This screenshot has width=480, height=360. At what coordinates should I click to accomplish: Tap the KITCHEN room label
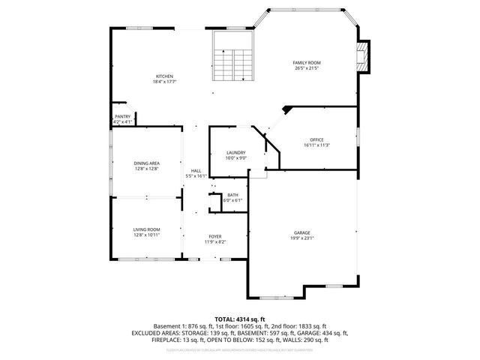coord(164,76)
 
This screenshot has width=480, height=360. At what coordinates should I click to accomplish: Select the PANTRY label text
coord(122,116)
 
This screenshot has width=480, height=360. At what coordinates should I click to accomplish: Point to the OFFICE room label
coord(317,140)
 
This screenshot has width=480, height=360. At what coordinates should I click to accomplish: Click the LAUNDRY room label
coord(236,153)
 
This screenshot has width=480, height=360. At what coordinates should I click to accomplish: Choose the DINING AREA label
coord(146,163)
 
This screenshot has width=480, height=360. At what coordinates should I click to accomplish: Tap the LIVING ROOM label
coord(146,229)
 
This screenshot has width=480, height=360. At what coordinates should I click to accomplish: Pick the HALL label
coord(196,171)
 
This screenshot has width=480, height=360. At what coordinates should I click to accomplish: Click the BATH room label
coord(234,195)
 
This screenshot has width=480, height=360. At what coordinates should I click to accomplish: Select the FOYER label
coord(214,237)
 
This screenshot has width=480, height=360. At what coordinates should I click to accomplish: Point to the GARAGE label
coord(302,232)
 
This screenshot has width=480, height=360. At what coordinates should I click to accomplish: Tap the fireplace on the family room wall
coord(364,57)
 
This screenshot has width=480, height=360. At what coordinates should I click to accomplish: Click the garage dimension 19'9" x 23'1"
coord(302,238)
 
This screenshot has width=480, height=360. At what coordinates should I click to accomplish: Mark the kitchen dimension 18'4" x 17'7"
coord(164,82)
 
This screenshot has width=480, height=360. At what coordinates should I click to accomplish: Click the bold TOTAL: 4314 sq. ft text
coord(239,318)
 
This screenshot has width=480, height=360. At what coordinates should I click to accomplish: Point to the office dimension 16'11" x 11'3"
coord(317,146)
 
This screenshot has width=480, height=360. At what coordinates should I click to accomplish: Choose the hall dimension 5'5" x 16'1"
coord(196,177)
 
